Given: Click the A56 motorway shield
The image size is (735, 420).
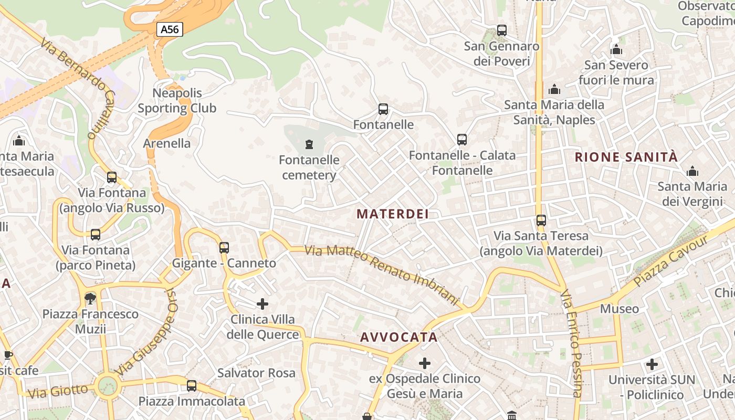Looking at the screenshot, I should point(170,29).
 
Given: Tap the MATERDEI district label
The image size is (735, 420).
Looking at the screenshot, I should point(393,214).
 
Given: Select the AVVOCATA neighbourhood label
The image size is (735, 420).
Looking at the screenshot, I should point(399,337).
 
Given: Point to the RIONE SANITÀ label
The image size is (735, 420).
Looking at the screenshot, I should point(626,156).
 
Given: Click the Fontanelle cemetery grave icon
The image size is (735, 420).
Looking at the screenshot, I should point(309,144).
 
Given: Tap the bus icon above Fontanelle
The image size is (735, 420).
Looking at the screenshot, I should point(383,109).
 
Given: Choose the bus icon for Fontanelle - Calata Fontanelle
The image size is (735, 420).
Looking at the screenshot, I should point(462,140).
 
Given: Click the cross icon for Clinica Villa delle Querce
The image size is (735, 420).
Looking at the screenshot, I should point(262,304).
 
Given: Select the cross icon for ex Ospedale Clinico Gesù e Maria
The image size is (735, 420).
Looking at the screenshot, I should point(425,363).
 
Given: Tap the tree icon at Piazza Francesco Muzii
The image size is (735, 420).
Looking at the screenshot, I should point(90,299).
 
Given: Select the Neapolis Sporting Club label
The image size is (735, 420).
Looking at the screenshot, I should point(177,101).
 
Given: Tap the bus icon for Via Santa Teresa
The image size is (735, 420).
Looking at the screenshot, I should point(541,220).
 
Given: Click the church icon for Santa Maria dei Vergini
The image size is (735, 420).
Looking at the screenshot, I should point(692,172).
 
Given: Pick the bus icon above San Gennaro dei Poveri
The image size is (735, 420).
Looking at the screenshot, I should point(502,30).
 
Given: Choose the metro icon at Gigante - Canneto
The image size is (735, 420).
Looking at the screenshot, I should point(224,247).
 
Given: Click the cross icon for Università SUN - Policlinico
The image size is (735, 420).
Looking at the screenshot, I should point(652,364).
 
